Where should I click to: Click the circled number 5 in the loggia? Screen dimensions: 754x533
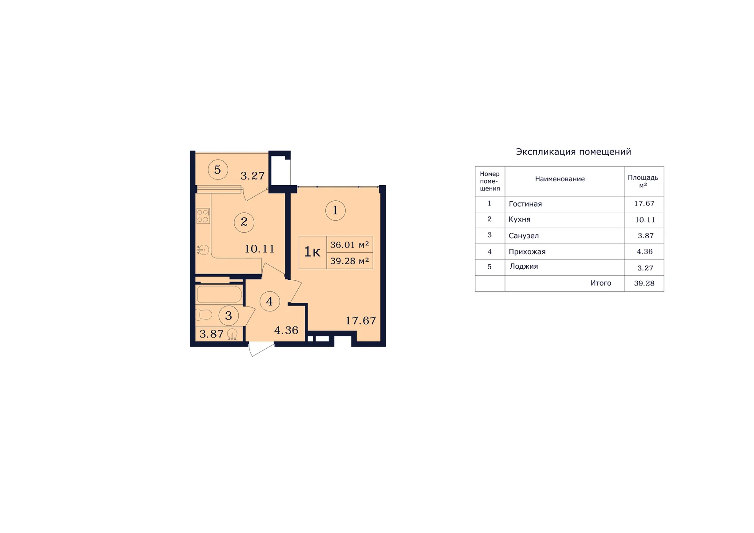[218, 170]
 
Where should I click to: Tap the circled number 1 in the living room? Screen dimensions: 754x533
[335, 211]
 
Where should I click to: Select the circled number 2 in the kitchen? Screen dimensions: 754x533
[244, 222]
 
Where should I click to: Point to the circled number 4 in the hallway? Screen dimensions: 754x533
[270, 301]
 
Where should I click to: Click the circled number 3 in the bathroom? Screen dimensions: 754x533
[229, 316]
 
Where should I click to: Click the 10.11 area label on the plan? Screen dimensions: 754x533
[259, 249]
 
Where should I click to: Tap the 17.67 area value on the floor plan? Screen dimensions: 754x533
[360, 320]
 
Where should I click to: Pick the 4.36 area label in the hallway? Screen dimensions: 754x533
[286, 330]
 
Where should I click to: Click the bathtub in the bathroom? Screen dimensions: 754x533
[219, 294]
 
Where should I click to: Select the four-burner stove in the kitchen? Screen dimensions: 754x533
[203, 216]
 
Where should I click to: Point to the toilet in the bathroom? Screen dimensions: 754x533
[204, 314]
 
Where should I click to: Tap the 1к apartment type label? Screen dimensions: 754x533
[312, 252]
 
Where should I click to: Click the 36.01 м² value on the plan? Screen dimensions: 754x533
[349, 245]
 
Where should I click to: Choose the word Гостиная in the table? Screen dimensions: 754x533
[525, 204]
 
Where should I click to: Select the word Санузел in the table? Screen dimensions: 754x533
[523, 236]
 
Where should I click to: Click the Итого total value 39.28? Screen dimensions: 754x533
[644, 283]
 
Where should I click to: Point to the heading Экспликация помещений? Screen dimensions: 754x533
[573, 152]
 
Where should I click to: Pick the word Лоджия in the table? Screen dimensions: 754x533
[523, 266]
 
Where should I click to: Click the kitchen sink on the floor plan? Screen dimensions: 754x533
[203, 250]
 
